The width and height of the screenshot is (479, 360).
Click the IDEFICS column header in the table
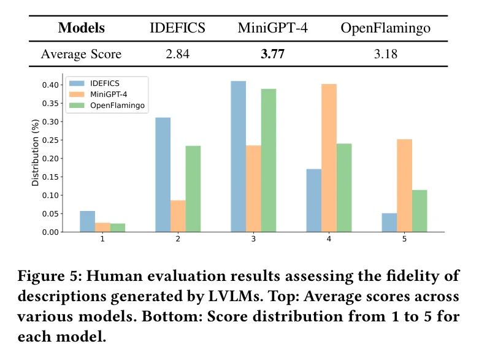177,28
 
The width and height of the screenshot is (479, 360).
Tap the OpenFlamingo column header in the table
386,28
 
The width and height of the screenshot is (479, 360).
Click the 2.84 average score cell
177,54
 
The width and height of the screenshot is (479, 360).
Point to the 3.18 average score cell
386,54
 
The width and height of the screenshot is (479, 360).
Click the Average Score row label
81,54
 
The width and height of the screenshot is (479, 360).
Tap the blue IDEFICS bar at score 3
238,156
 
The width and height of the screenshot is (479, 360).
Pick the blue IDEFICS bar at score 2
163,175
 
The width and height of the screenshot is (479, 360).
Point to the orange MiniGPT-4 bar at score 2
178,216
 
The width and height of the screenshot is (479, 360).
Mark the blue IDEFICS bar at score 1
88,221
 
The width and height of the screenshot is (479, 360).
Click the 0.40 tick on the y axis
52,85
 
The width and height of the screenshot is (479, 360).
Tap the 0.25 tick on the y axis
52,140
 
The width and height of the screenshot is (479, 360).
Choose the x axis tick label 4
329,239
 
